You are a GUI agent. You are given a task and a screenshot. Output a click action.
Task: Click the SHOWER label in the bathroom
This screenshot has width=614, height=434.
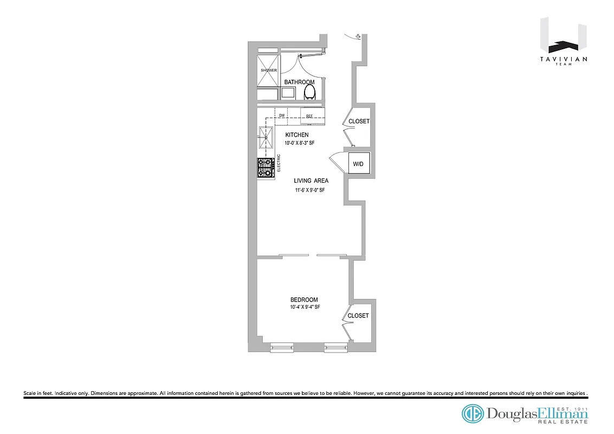269,71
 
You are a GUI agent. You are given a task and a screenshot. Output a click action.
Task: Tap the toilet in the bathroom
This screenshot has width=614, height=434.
309,92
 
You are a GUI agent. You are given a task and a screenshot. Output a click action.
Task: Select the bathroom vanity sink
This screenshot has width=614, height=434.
288,93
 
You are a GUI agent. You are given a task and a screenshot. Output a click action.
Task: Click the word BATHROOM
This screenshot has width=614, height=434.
299,82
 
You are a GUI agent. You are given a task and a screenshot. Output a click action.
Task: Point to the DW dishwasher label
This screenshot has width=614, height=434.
282,116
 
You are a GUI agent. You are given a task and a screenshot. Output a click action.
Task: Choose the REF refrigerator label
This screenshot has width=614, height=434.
310,116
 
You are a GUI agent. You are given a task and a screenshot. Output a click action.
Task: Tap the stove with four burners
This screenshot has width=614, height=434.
266,168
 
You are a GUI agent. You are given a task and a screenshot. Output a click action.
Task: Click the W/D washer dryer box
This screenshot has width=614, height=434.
358,164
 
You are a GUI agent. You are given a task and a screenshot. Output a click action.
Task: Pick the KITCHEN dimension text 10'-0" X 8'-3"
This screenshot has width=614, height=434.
300,143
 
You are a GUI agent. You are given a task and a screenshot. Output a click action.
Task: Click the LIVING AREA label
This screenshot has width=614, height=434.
311,181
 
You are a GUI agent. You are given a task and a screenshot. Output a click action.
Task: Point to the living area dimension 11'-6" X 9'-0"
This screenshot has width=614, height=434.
310,190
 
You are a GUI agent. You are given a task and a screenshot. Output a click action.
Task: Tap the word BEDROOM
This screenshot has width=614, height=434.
304,300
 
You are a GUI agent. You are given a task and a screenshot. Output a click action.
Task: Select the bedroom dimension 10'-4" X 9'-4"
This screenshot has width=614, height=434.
305,308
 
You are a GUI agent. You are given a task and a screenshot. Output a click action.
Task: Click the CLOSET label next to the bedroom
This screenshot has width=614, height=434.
358,316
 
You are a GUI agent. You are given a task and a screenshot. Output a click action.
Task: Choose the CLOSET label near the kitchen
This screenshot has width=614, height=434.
359,122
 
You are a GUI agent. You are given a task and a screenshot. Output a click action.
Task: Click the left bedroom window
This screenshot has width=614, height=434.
282,347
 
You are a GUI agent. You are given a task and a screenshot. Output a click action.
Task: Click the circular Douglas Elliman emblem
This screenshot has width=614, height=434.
473,414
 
